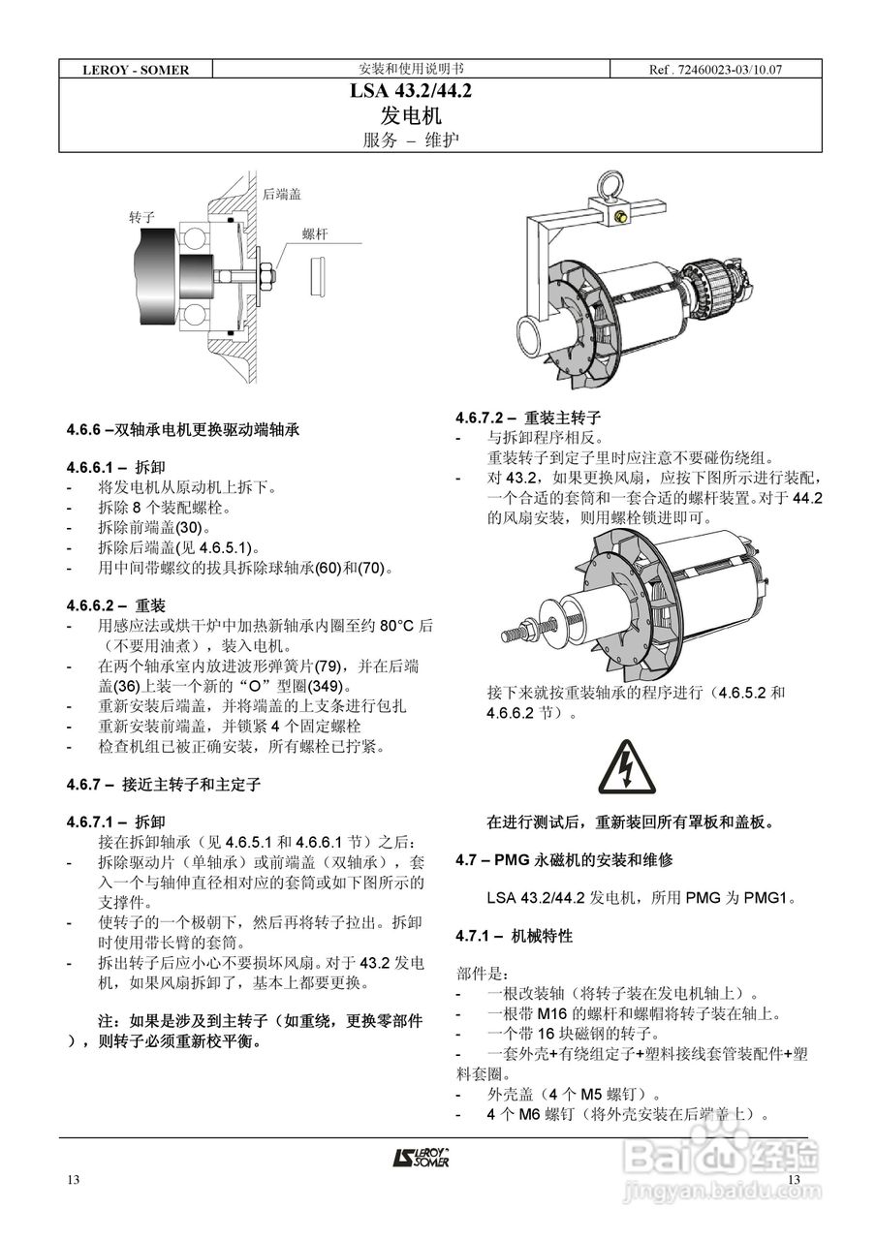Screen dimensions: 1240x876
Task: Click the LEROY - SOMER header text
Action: [136, 70]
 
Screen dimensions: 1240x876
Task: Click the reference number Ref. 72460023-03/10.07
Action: [715, 70]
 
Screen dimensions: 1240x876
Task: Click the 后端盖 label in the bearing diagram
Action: [281, 194]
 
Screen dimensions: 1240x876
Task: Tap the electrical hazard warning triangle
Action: [629, 765]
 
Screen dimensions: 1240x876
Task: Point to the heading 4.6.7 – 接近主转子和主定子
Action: [163, 783]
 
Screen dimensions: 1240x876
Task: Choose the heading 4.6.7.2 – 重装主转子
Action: [528, 418]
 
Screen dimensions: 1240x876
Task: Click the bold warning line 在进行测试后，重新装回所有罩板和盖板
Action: [630, 822]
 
